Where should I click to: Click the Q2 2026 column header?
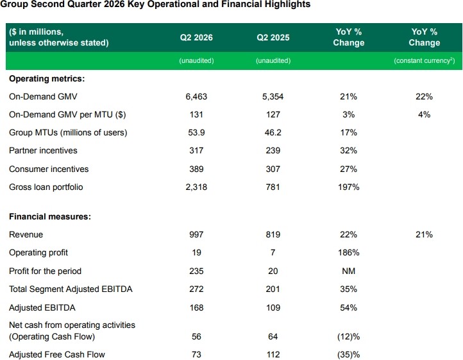point(196,37)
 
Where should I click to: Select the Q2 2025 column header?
point(273,37)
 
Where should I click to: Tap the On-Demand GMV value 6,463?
point(196,97)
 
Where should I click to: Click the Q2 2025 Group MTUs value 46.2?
point(273,132)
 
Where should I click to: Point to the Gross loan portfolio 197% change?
point(349,187)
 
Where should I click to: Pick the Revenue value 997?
point(196,235)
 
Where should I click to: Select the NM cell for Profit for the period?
point(349,271)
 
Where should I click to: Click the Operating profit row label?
point(38,253)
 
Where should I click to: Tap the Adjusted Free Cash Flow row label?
point(57,354)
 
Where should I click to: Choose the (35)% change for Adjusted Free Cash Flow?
point(348,355)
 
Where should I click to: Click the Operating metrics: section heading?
point(47,79)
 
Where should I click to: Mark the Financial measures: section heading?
point(50,217)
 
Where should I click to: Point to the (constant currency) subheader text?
point(425,60)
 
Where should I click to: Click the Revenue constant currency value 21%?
point(425,235)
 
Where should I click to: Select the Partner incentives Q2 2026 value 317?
point(196,150)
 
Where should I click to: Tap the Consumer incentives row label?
point(49,169)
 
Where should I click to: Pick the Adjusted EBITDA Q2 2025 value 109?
point(273,307)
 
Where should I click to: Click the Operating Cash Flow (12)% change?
point(348,337)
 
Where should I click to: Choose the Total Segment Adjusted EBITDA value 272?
point(196,289)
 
